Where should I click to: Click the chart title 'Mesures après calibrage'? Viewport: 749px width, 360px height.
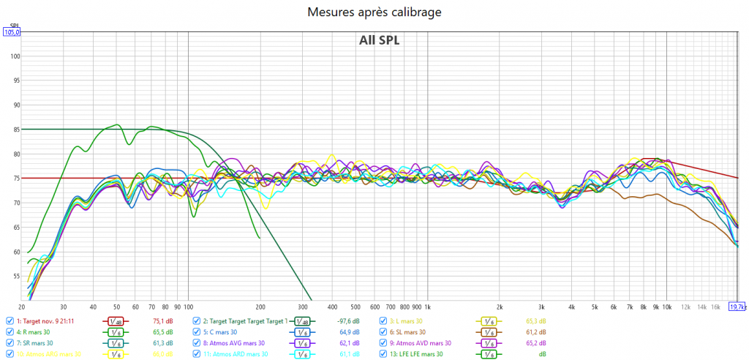tap(374, 12)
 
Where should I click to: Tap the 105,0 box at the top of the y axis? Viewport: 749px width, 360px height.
tap(12, 32)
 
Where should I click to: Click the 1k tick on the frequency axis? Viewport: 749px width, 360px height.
tap(427, 307)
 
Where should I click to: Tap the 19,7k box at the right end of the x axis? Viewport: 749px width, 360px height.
tap(739, 307)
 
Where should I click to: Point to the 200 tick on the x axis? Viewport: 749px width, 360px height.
tap(260, 307)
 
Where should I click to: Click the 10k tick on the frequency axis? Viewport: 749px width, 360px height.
tap(666, 307)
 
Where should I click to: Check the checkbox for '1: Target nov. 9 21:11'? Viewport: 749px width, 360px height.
tap(9, 320)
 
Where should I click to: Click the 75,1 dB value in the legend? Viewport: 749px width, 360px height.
tap(162, 320)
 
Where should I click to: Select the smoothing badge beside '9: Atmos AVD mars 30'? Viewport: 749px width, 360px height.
tap(487, 342)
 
